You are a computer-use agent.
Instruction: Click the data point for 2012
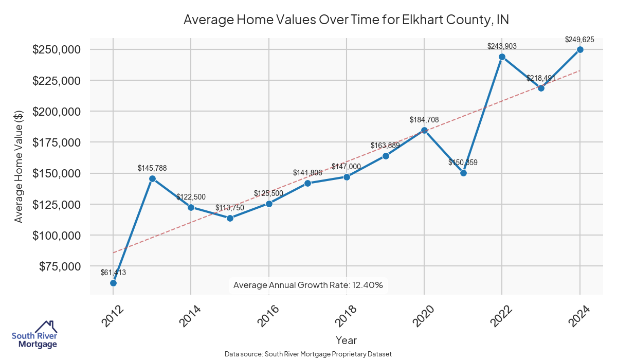click(x=113, y=283)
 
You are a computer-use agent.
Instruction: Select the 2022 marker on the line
click(x=502, y=57)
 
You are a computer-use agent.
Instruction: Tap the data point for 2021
click(x=463, y=173)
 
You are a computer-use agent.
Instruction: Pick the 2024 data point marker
click(x=580, y=49)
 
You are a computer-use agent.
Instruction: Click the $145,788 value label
click(x=152, y=168)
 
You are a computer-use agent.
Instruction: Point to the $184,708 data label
click(x=424, y=120)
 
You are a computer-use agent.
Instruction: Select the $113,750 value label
click(x=230, y=208)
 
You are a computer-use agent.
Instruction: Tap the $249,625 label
click(x=579, y=39)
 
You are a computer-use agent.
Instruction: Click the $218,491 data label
click(x=541, y=78)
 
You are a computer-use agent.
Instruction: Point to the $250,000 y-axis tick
click(x=56, y=50)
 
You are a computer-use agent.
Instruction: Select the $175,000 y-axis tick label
click(x=56, y=142)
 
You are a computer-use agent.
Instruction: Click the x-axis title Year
click(x=346, y=340)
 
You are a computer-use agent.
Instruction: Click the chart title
click(x=346, y=20)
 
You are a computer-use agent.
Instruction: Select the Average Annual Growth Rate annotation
click(x=308, y=285)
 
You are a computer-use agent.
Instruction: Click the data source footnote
click(x=308, y=354)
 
